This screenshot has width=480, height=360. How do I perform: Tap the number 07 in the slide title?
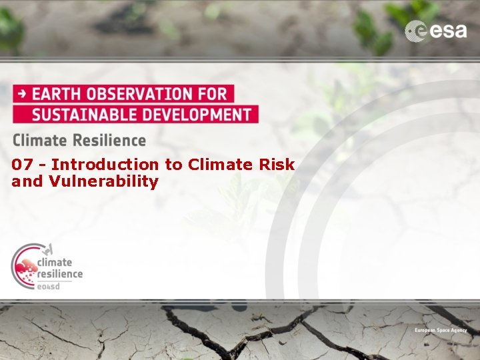pos(21,165)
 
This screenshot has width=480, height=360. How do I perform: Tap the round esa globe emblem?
pos(416,31)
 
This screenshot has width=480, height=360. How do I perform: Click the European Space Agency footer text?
pos(441,331)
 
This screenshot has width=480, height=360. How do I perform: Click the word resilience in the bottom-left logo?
pos(59,273)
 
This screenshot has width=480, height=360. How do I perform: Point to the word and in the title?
pos(27,181)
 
